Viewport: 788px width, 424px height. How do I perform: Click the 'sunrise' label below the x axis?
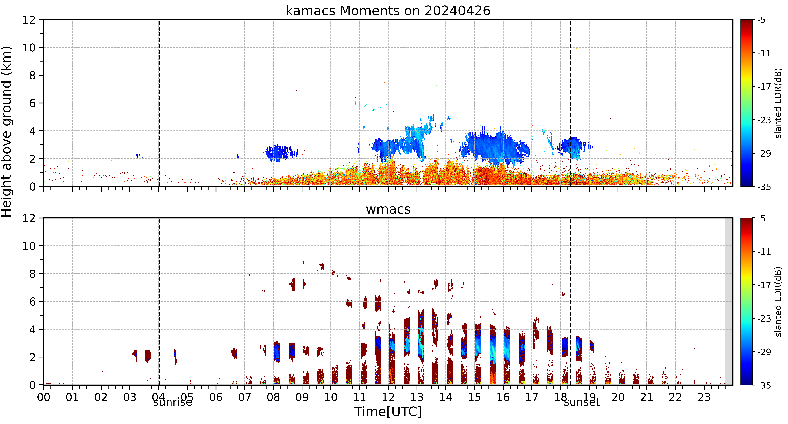[x=173, y=402]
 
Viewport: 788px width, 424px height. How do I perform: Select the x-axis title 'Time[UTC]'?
[x=388, y=412]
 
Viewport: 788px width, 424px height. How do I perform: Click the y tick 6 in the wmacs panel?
[x=32, y=302]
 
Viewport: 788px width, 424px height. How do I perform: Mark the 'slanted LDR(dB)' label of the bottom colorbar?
[x=778, y=302]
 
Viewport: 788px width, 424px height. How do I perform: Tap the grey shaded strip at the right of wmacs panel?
[x=729, y=301]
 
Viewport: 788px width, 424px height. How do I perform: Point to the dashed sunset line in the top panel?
[x=570, y=103]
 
